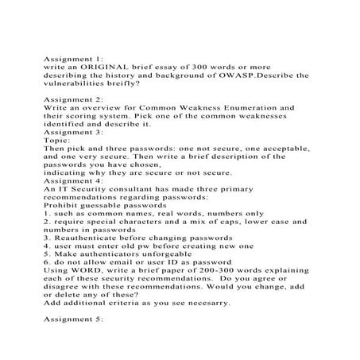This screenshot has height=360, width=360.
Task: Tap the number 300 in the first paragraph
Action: (211, 68)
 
